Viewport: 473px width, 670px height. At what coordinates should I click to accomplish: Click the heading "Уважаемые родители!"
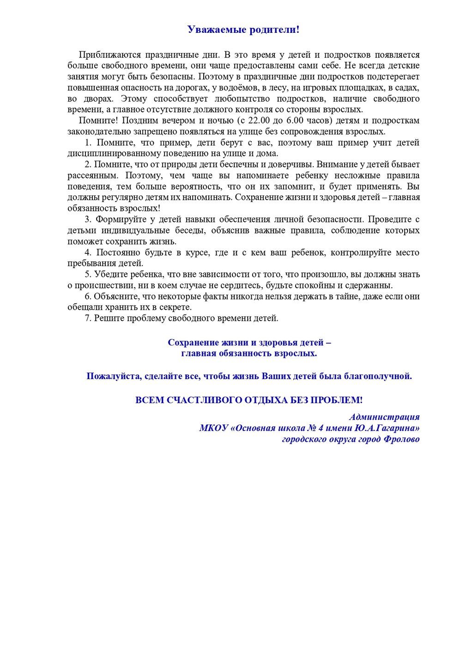243,30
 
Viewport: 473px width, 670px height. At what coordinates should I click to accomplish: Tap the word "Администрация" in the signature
384,417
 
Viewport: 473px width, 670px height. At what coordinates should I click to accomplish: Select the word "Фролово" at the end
401,439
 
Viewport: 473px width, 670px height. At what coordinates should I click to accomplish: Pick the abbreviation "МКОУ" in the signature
213,428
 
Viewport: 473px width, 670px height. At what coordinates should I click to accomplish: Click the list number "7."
88,318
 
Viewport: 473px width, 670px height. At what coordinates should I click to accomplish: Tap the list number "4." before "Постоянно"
88,252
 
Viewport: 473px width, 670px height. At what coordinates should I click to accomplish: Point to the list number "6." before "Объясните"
88,296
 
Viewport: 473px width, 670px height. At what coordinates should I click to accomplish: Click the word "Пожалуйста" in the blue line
113,376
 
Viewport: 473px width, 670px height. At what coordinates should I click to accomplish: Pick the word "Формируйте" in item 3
119,219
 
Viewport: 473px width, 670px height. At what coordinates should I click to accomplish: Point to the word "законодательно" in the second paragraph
96,131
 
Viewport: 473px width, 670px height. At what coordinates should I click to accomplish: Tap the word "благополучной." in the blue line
378,376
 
